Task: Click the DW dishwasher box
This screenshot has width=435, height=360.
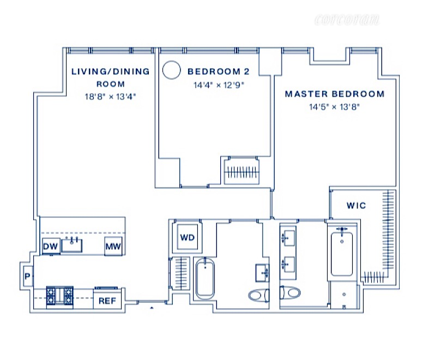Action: [x=51, y=246]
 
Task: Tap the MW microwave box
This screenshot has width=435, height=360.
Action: [x=113, y=246]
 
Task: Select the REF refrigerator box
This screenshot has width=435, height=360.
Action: [x=107, y=301]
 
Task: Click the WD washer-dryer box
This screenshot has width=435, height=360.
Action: [x=188, y=237]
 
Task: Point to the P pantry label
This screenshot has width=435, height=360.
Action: [x=27, y=276]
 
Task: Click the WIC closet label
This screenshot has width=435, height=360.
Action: [x=356, y=206]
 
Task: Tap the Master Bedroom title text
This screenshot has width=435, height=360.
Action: [x=335, y=94]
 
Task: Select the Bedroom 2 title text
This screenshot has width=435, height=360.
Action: [x=219, y=71]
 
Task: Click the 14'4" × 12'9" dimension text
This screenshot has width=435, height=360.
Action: [x=219, y=85]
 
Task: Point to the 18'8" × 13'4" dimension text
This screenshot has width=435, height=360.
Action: [x=111, y=97]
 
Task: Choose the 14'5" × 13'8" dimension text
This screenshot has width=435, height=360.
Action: [x=334, y=106]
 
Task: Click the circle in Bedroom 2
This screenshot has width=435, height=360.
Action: [x=172, y=70]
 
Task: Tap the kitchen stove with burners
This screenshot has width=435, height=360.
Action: [x=60, y=297]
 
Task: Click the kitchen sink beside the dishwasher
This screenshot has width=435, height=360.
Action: [x=72, y=244]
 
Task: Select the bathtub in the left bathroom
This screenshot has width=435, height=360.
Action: [x=206, y=278]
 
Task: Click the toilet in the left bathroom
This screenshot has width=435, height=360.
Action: [x=258, y=295]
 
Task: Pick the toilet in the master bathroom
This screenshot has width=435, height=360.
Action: [x=290, y=292]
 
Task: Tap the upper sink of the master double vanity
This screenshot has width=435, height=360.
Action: [x=287, y=238]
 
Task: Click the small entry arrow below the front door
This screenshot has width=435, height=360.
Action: [x=152, y=308]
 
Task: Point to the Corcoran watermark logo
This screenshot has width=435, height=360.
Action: [x=347, y=20]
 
